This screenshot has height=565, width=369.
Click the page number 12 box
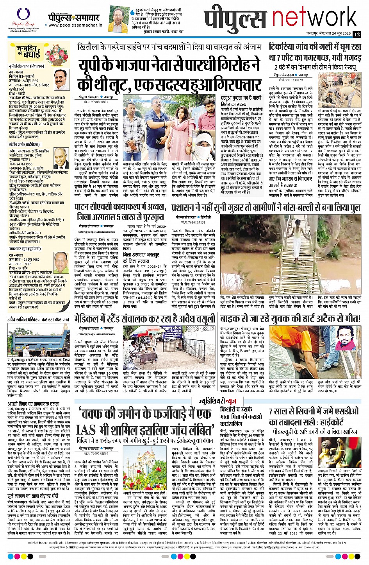pos(357,34)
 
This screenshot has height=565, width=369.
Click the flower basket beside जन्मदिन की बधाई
pos(54,55)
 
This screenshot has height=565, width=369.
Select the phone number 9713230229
pos(291,79)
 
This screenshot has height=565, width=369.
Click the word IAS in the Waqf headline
pos(86,429)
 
